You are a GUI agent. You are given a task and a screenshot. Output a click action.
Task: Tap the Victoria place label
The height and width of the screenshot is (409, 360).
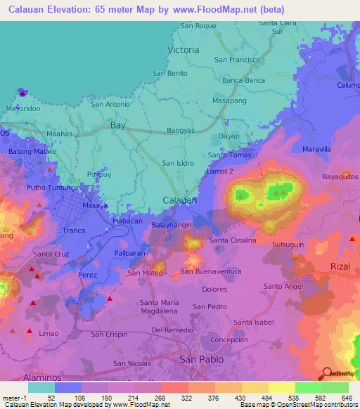184,50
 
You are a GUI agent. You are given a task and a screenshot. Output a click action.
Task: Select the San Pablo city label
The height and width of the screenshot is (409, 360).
202,359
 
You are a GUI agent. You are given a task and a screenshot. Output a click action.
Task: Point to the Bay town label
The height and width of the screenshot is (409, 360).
118,125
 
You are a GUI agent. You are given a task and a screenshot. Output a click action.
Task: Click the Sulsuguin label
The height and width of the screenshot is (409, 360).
288,245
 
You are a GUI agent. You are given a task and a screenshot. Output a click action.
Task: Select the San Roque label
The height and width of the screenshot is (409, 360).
198,26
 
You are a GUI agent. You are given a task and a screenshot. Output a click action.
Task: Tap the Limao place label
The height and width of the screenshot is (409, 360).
49,333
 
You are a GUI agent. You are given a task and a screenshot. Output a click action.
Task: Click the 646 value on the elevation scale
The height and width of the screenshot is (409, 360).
345,397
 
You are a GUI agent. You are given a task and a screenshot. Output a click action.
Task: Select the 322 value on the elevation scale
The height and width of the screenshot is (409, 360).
186,397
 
